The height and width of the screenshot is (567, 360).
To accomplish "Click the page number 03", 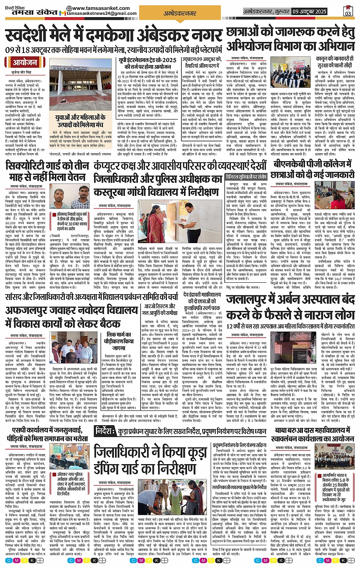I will (348, 13).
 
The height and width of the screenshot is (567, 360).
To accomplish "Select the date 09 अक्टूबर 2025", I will (309, 12).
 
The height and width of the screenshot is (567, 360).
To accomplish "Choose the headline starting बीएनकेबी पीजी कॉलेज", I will (312, 164).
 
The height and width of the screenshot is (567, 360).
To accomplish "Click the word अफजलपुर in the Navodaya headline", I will (29, 310).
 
